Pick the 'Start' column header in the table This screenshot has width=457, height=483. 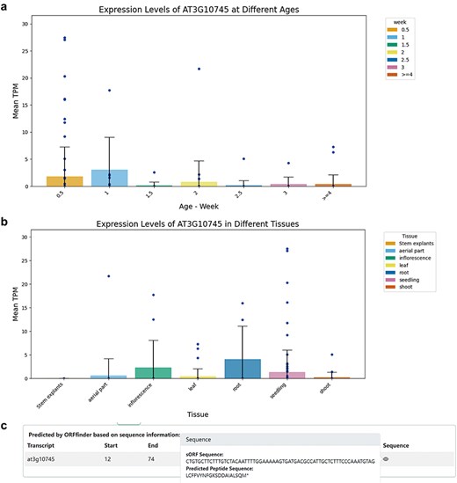click(109, 445)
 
